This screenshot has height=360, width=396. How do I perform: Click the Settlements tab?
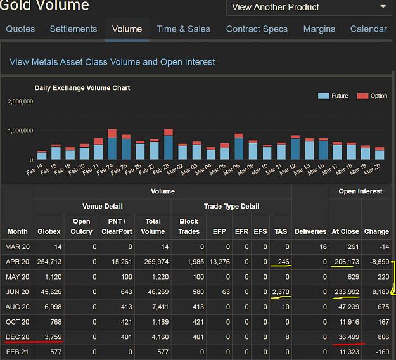[x=73, y=29]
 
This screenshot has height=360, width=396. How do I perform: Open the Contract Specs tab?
[x=257, y=29]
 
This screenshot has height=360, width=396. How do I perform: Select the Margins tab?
[x=319, y=29]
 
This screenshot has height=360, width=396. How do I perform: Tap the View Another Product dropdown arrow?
[x=383, y=6]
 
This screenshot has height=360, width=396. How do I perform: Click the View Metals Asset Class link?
[x=112, y=62]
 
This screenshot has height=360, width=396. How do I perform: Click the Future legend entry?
[x=333, y=96]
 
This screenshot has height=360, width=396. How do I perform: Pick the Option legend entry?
[x=372, y=96]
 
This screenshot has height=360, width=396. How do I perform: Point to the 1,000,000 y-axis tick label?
[x=20, y=131]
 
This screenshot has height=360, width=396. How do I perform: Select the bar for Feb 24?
[x=112, y=145]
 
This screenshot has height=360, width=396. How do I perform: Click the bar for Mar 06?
[x=239, y=147]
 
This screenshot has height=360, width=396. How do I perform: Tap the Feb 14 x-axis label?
[x=35, y=169]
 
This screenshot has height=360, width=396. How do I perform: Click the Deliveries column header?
[x=310, y=231]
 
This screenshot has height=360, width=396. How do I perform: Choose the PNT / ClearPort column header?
[x=117, y=226]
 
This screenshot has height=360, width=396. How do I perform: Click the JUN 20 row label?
[x=18, y=292]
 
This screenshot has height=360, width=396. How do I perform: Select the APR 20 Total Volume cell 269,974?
[x=156, y=262]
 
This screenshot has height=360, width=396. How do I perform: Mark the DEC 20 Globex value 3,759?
[x=53, y=337]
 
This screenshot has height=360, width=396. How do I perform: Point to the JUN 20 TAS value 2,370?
[x=281, y=292]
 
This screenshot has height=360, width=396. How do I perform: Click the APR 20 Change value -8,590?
[x=380, y=262]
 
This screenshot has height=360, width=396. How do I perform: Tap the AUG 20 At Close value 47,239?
[x=348, y=307]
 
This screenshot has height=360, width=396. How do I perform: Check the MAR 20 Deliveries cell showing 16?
[x=323, y=247]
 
